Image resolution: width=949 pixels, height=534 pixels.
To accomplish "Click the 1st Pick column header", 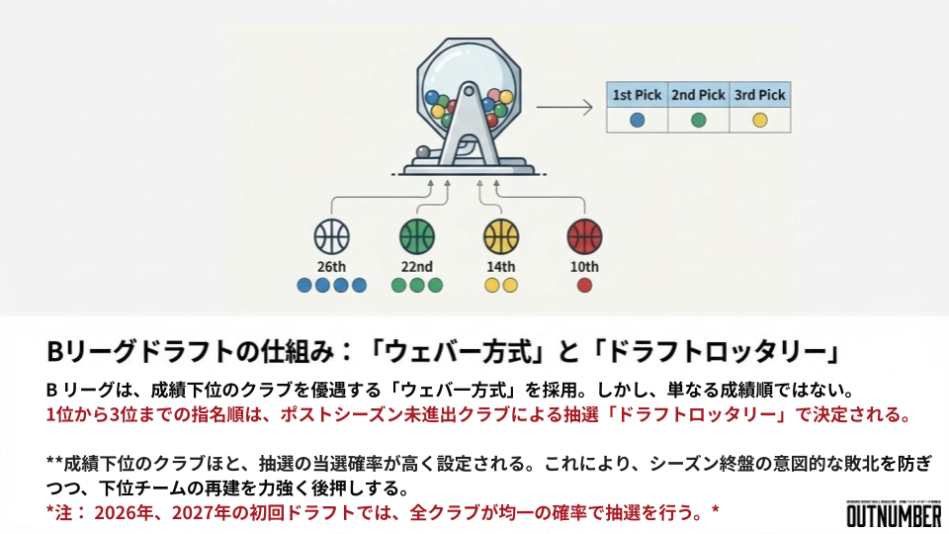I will click(x=637, y=95).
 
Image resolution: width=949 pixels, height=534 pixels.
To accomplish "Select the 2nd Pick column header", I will click(x=698, y=95).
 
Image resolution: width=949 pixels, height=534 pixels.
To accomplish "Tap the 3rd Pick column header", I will click(x=759, y=95).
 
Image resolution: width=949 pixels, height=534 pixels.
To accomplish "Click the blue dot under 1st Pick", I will click(x=637, y=121).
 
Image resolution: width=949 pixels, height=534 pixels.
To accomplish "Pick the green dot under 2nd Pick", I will click(x=698, y=121).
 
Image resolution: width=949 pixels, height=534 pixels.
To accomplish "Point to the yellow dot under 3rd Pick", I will click(x=759, y=121).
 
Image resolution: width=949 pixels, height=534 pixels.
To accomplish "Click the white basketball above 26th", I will click(x=332, y=237).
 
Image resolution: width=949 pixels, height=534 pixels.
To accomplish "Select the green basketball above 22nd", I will click(x=416, y=237).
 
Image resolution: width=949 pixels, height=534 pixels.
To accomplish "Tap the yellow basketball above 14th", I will click(x=501, y=237).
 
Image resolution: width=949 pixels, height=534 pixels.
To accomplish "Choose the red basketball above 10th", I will click(x=584, y=237).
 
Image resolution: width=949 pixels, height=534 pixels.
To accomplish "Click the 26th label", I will click(x=332, y=267).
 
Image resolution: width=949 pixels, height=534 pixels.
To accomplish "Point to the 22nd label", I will click(x=416, y=267).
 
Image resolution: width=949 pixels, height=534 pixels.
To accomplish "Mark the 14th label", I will click(x=501, y=267).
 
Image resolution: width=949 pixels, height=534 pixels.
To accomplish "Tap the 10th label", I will click(x=584, y=267).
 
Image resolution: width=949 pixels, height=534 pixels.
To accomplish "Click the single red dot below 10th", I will click(x=584, y=286).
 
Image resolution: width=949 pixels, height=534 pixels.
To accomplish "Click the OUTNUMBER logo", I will click(x=894, y=514).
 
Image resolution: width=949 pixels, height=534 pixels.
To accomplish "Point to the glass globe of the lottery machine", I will click(x=470, y=84).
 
